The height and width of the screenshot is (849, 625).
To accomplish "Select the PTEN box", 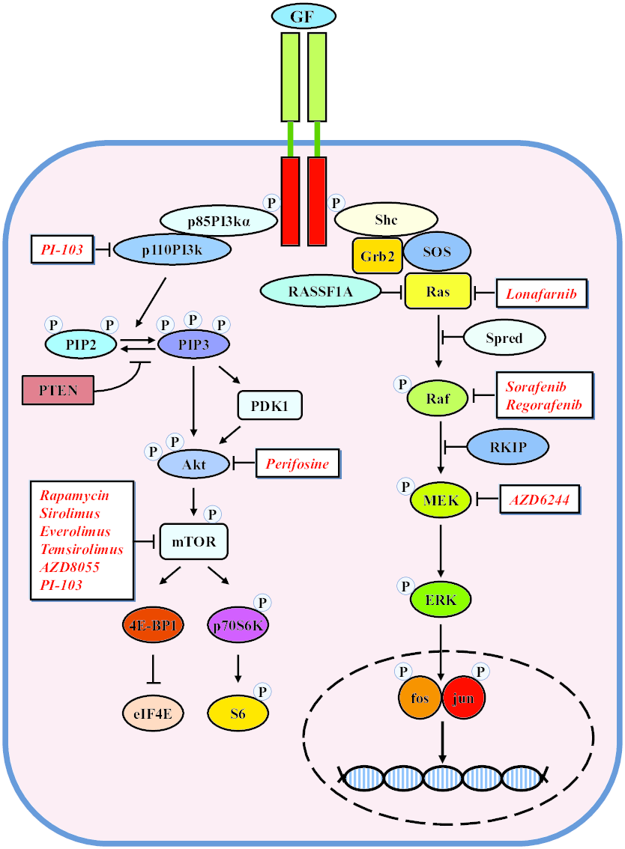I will [58, 390].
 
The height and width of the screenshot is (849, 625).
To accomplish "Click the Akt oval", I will [193, 463].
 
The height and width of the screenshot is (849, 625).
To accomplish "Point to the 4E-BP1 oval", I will [152, 626].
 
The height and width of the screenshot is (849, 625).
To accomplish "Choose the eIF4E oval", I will [153, 713].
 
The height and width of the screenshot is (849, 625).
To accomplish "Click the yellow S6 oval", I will [238, 713].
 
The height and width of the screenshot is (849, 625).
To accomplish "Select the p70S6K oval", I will [238, 626].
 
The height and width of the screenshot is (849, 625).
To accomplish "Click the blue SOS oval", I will [437, 252].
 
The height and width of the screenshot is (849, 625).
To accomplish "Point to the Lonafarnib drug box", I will [540, 293].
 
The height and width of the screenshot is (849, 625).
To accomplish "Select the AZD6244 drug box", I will [540, 498].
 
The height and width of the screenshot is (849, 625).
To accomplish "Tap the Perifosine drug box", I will [298, 463].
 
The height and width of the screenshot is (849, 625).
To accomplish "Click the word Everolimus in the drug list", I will [76, 532].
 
